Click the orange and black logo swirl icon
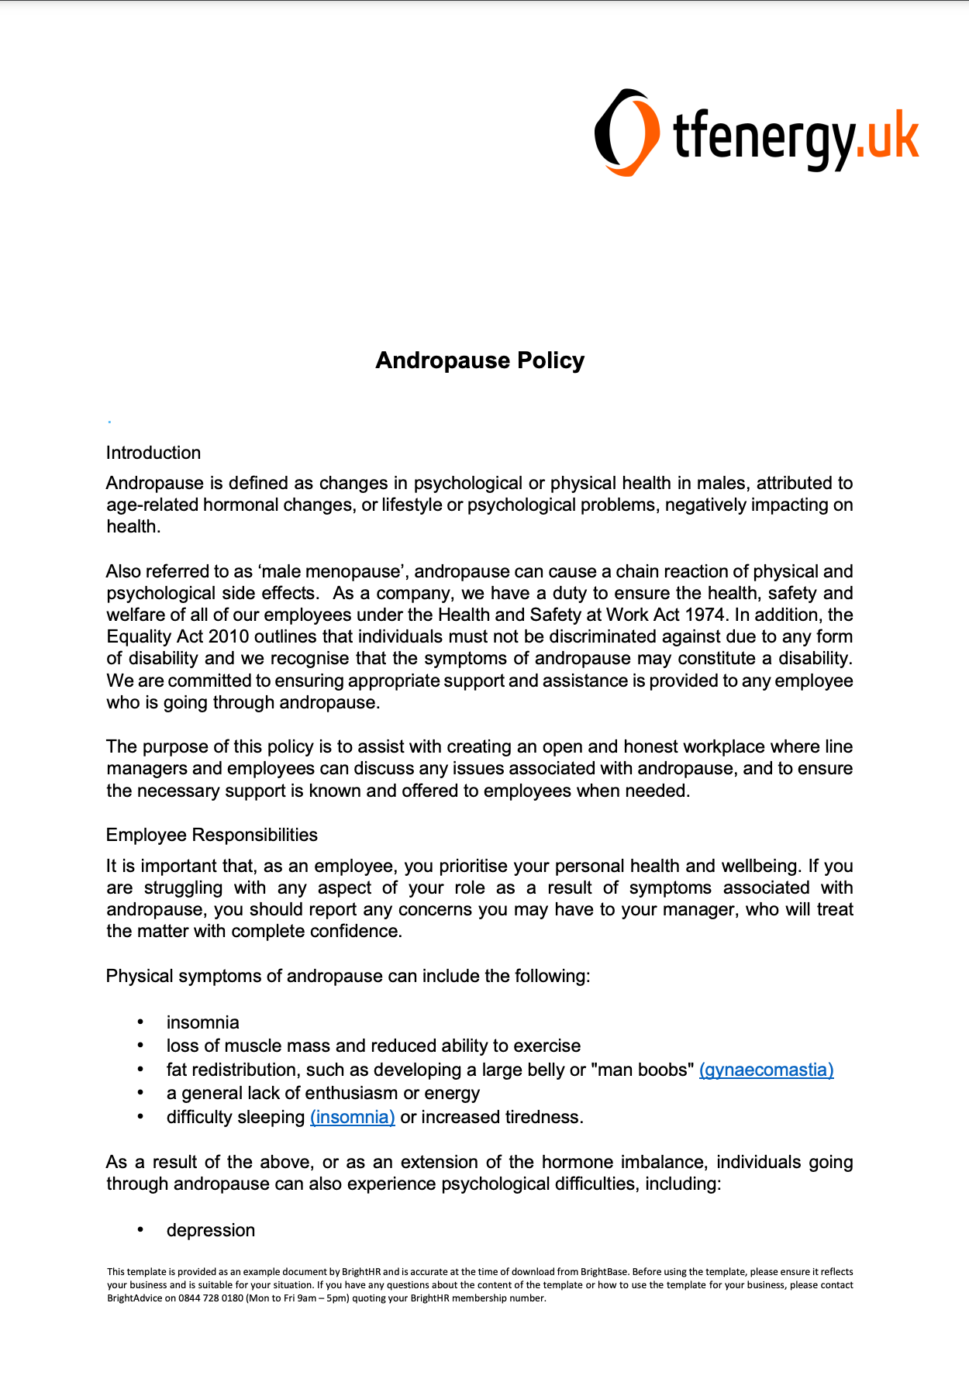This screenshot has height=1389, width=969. pos(626,132)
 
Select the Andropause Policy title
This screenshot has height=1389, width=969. pos(480,360)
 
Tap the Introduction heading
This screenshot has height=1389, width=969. pos(153,453)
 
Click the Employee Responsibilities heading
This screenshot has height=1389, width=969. pos(212,835)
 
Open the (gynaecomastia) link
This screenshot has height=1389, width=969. pos(766,1070)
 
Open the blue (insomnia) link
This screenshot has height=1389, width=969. pos(353,1117)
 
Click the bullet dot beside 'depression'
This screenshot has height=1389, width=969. pos(140,1230)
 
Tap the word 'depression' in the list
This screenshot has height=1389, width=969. pos(211,1230)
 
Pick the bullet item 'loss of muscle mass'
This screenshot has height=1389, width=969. pos(373,1046)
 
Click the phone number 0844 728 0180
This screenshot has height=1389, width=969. pos(212,1298)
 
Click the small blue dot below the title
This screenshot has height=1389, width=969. pos(110,422)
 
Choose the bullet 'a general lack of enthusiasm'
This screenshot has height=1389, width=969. pos(322,1093)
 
